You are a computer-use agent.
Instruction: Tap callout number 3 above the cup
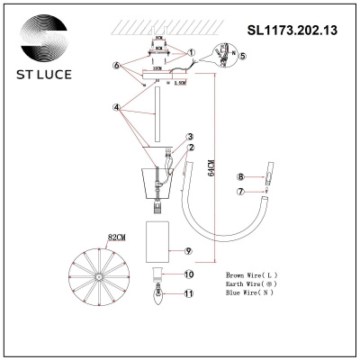click(x=190, y=137)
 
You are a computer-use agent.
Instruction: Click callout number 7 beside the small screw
click(x=240, y=191)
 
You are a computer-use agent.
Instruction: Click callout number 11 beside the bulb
click(x=189, y=293)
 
